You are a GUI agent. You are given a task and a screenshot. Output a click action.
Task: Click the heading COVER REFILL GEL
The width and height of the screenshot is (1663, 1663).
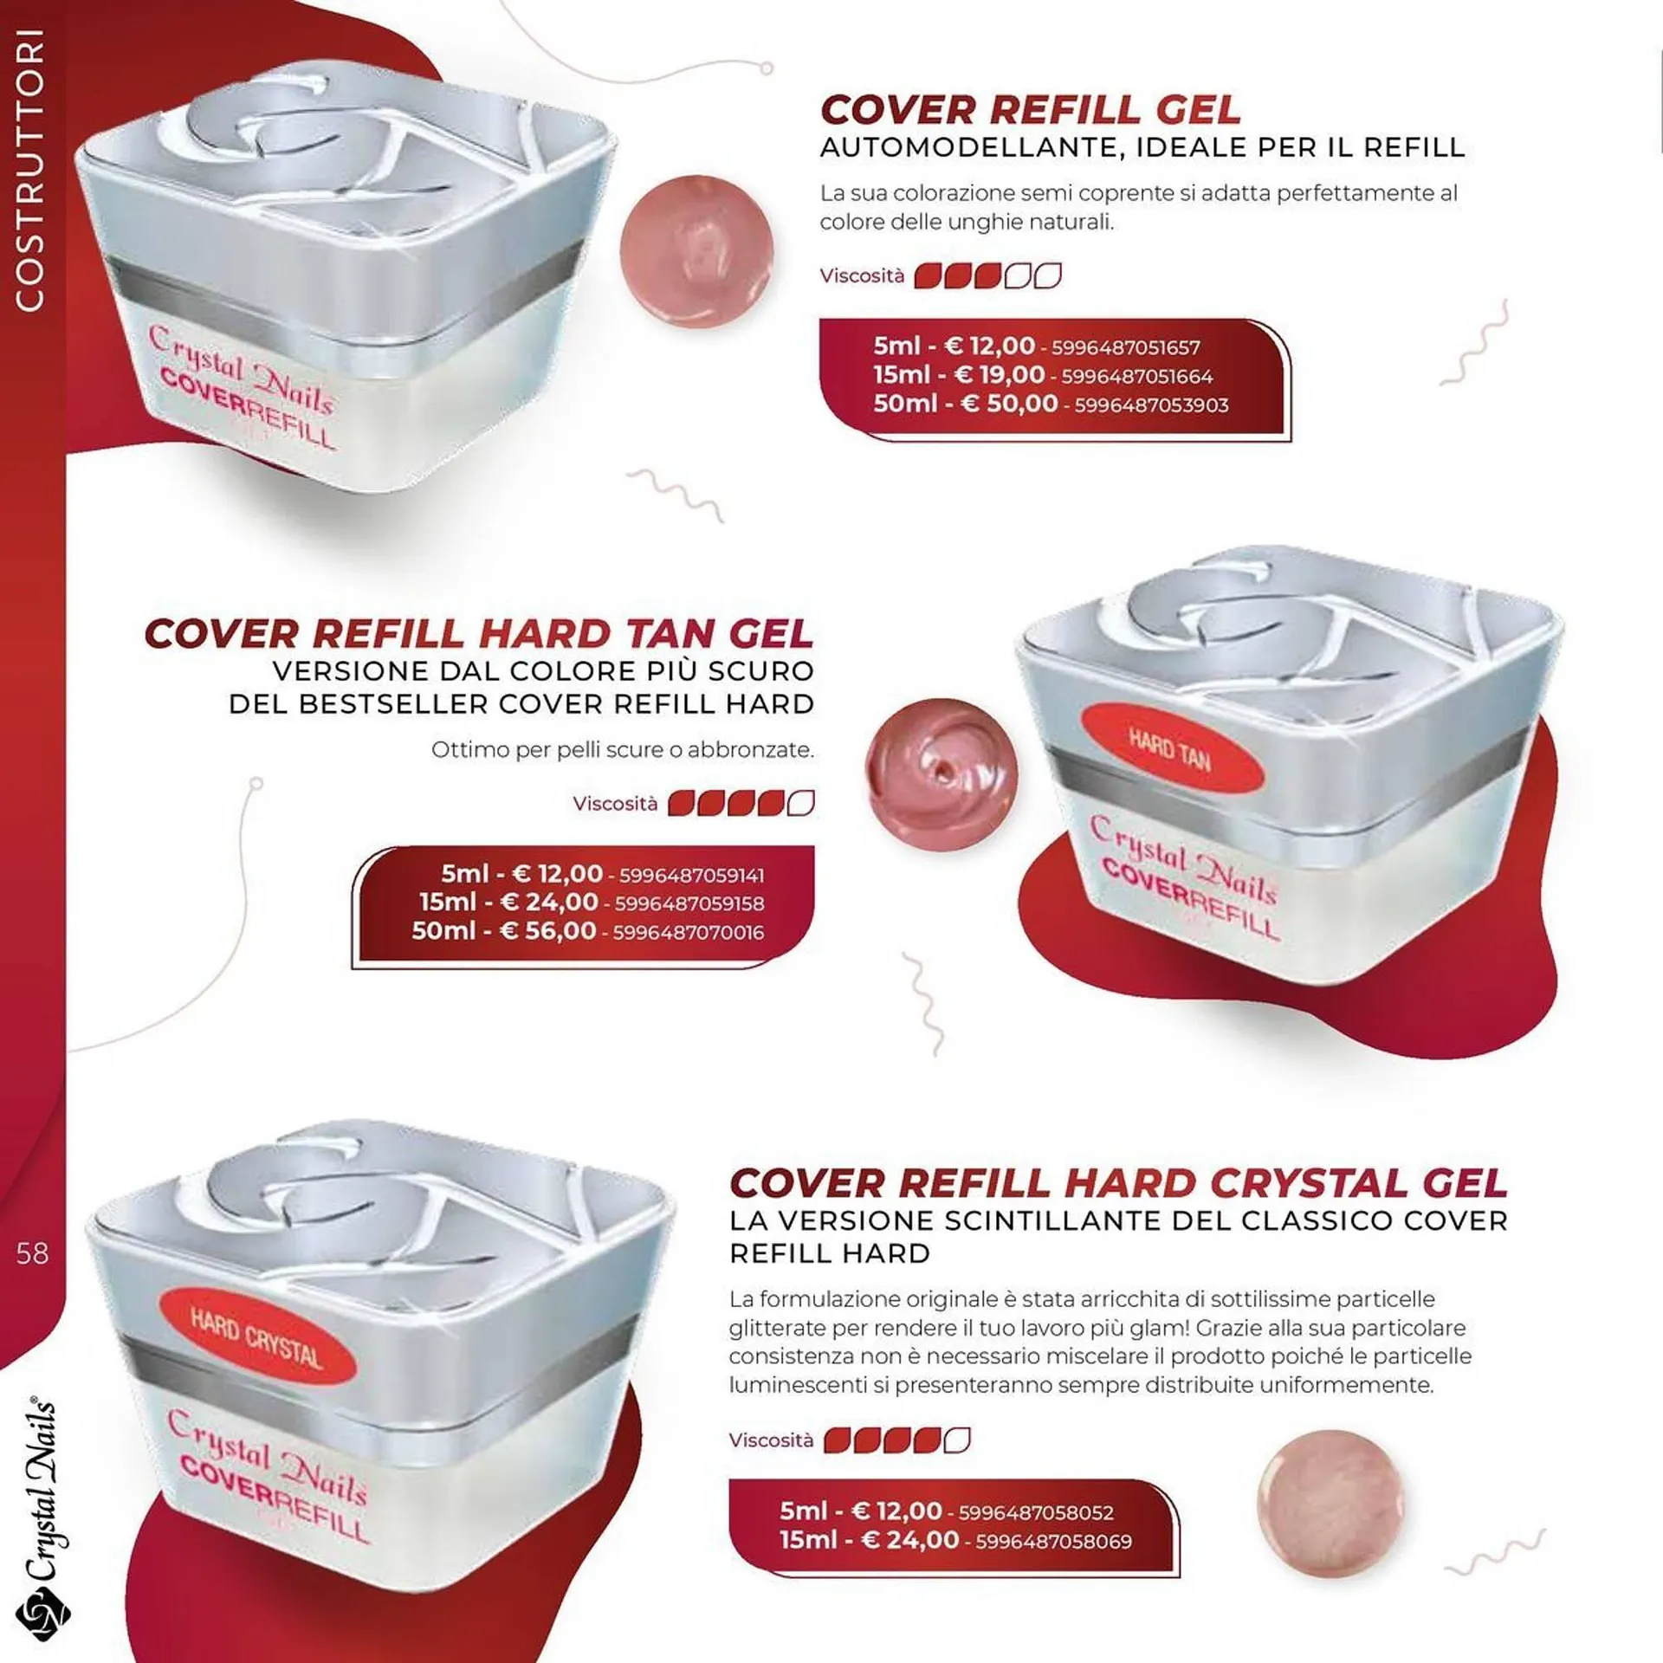click(1031, 110)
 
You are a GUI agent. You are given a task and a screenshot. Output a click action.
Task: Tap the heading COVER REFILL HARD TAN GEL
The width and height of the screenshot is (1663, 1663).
click(479, 634)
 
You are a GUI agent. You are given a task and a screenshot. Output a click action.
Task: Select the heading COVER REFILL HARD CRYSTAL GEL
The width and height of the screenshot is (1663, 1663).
click(1118, 1183)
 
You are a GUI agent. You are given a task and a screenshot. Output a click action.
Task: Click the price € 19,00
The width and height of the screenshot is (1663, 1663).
click(1000, 375)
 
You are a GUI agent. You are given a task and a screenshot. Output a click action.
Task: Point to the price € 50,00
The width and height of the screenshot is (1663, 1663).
click(1010, 404)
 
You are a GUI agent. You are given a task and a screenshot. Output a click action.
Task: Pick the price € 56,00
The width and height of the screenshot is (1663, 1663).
click(549, 931)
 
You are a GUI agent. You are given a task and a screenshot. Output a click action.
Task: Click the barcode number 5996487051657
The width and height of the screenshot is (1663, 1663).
click(1126, 348)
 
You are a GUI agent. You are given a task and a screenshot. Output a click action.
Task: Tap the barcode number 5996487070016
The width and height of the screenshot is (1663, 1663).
click(689, 933)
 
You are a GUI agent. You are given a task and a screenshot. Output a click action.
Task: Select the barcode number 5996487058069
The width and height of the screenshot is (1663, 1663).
click(1054, 1542)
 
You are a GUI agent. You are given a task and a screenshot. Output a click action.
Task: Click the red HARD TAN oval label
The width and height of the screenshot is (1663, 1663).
click(1169, 748)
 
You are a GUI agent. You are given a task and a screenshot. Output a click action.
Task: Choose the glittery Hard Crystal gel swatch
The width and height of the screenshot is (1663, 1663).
click(1330, 1502)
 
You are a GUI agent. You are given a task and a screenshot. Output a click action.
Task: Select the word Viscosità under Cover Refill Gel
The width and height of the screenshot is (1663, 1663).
click(862, 276)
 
